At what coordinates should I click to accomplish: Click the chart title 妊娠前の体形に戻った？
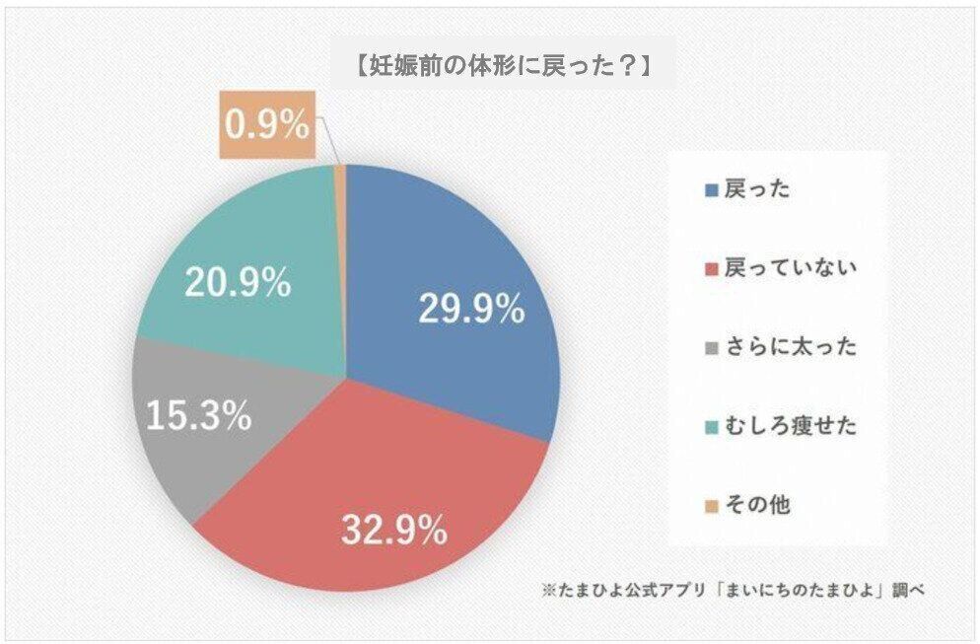503,66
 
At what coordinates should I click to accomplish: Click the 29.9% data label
471,310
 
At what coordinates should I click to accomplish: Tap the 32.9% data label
394,533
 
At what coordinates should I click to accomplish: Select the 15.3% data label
198,415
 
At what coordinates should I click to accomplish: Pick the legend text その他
756,506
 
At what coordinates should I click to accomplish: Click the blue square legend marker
712,190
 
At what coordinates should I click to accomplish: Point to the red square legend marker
712,269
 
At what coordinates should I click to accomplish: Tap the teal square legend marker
712,427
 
